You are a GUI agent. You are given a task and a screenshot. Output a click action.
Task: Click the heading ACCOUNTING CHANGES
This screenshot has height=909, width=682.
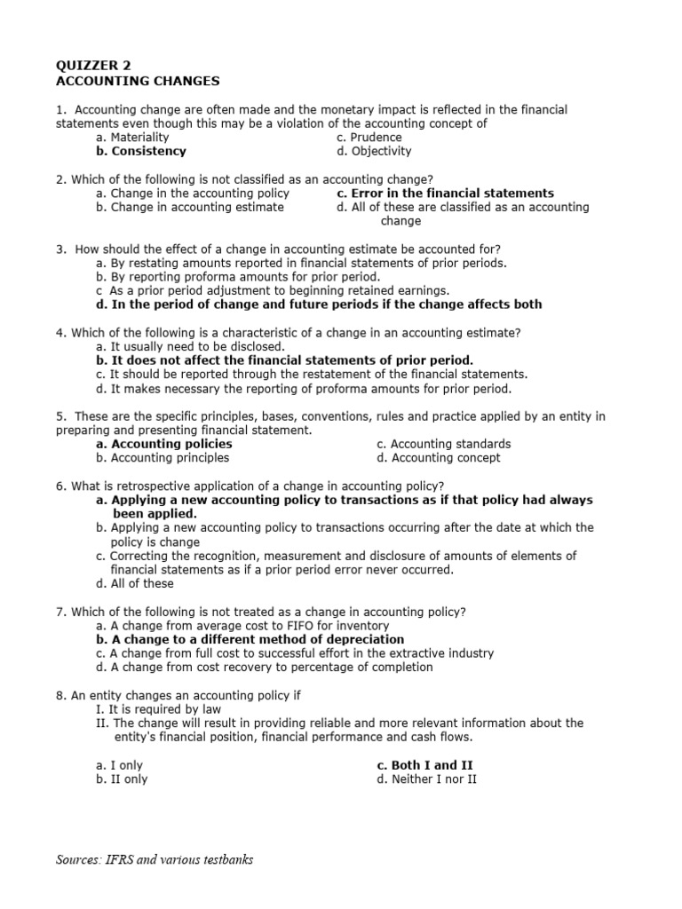(138, 81)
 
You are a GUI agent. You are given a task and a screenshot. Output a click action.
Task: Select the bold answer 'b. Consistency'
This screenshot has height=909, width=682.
(142, 152)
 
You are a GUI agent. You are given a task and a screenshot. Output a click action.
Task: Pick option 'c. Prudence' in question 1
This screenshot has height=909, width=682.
(369, 138)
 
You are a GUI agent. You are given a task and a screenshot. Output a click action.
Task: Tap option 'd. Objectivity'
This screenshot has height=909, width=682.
(374, 152)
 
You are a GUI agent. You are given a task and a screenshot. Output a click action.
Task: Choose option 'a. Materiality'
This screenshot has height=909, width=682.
(132, 138)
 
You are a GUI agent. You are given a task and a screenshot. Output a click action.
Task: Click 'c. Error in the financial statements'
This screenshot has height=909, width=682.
(445, 194)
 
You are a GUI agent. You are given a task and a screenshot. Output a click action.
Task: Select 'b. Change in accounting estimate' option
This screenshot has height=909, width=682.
(190, 208)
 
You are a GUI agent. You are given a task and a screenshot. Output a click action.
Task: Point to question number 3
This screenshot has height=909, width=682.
(60, 249)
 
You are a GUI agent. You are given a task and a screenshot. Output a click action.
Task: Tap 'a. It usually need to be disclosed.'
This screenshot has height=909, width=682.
(190, 347)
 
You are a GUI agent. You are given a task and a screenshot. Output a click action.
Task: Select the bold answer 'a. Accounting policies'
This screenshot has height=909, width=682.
(164, 444)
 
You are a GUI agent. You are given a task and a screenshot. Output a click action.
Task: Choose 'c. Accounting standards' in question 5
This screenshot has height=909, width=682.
(443, 444)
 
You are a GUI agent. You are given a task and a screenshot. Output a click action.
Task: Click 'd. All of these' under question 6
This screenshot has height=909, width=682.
(135, 584)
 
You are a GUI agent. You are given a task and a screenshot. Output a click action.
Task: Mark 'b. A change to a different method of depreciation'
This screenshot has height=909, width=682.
(250, 639)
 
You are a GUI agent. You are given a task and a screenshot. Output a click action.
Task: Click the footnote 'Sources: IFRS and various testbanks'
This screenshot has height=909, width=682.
(155, 860)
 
